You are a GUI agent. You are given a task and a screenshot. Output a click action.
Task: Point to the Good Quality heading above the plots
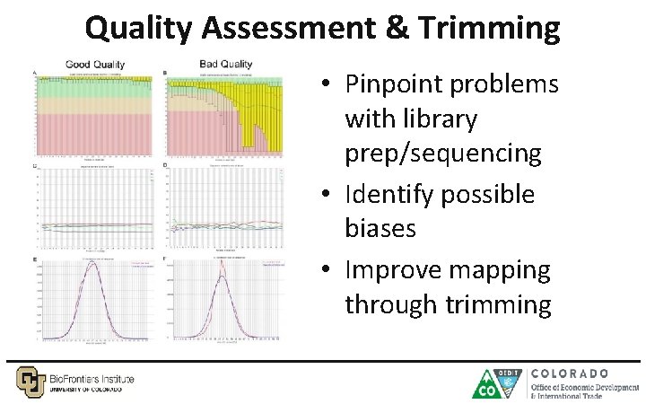[95, 64]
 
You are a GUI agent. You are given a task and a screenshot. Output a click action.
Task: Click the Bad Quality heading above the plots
[224, 64]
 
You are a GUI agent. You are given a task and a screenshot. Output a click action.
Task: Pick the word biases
[380, 228]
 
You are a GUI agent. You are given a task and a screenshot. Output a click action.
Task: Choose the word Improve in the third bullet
[395, 270]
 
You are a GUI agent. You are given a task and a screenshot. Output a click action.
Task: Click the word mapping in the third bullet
[501, 270]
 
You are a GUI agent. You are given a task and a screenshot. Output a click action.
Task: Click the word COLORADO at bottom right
[570, 373]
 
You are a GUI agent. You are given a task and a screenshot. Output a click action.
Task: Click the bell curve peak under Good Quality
[92, 264]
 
